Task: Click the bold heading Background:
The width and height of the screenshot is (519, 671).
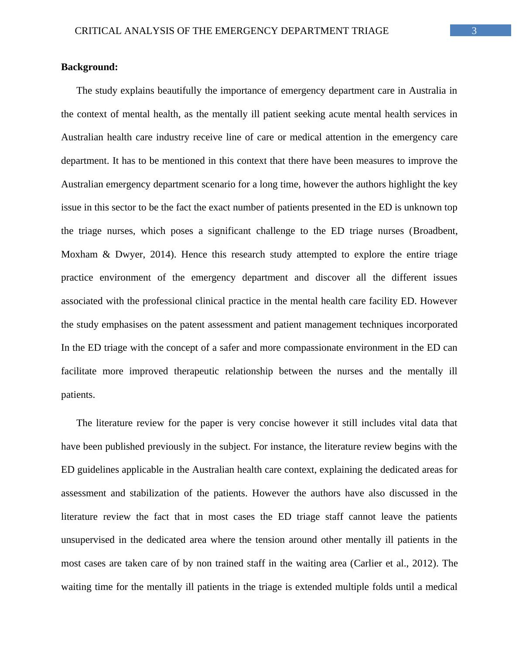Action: [x=89, y=67]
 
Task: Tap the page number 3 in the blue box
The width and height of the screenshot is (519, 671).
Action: [x=474, y=30]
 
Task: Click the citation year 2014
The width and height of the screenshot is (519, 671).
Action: [x=162, y=254]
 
